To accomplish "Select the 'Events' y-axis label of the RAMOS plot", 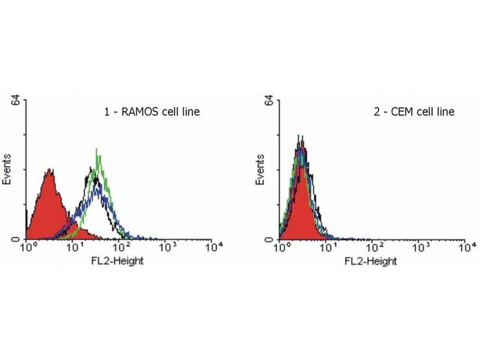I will tap(9, 169).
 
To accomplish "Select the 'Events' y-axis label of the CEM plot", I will tap(262, 169).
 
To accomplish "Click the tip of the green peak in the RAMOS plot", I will tap(97, 149).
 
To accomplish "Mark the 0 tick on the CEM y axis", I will tap(271, 239).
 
